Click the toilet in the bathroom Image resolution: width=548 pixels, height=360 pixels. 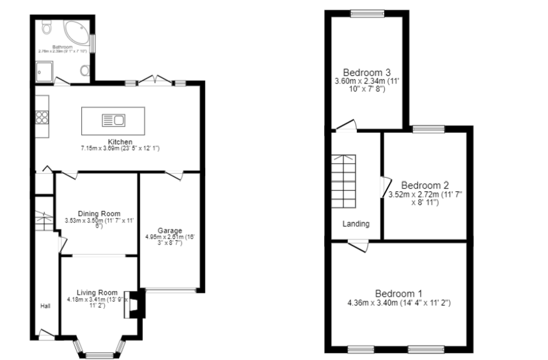[x=45, y=27]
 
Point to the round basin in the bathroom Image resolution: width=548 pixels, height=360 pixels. [x=84, y=70]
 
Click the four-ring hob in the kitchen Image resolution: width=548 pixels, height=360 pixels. [x=42, y=117]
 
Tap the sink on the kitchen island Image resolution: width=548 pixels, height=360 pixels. [x=113, y=119]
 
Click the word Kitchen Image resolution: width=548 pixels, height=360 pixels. [x=120, y=142]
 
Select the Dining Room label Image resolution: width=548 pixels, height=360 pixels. [x=99, y=214]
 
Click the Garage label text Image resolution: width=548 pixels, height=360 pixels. [x=171, y=231]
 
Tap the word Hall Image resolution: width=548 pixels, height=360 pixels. [x=45, y=306]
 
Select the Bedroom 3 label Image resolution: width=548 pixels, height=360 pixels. [x=366, y=72]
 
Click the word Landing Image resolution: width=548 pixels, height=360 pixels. [x=356, y=224]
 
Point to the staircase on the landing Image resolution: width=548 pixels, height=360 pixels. [x=345, y=182]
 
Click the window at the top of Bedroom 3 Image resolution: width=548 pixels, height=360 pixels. [x=366, y=13]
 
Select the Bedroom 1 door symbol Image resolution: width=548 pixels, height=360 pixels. [x=359, y=245]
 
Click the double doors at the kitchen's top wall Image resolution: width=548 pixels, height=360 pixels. [x=155, y=81]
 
